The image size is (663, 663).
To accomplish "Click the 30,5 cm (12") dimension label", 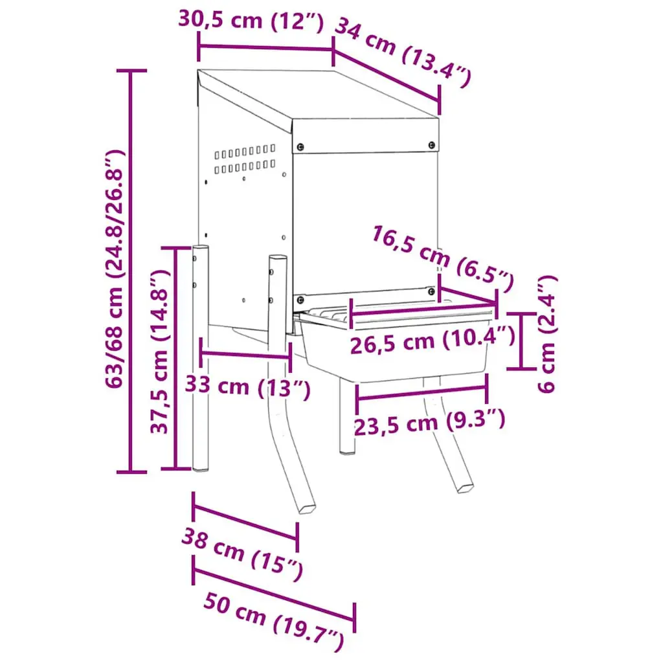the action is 251,20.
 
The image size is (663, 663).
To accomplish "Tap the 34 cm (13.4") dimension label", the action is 403,52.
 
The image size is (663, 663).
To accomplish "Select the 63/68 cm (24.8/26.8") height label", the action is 115,269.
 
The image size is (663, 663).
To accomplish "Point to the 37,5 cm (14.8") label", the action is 161,351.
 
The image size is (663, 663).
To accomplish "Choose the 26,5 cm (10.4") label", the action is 433,341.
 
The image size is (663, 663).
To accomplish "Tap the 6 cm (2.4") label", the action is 547,334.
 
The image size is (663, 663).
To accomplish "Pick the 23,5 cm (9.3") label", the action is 429,422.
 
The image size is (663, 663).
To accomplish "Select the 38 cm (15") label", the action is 243,554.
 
